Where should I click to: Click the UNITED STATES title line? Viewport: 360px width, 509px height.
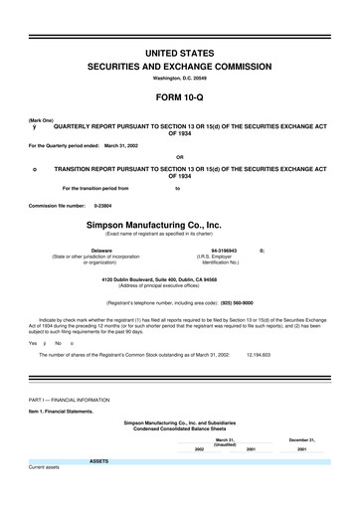tap(180, 52)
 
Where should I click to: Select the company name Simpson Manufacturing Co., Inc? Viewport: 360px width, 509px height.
tap(180, 226)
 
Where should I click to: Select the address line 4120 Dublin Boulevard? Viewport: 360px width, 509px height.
tap(180, 279)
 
